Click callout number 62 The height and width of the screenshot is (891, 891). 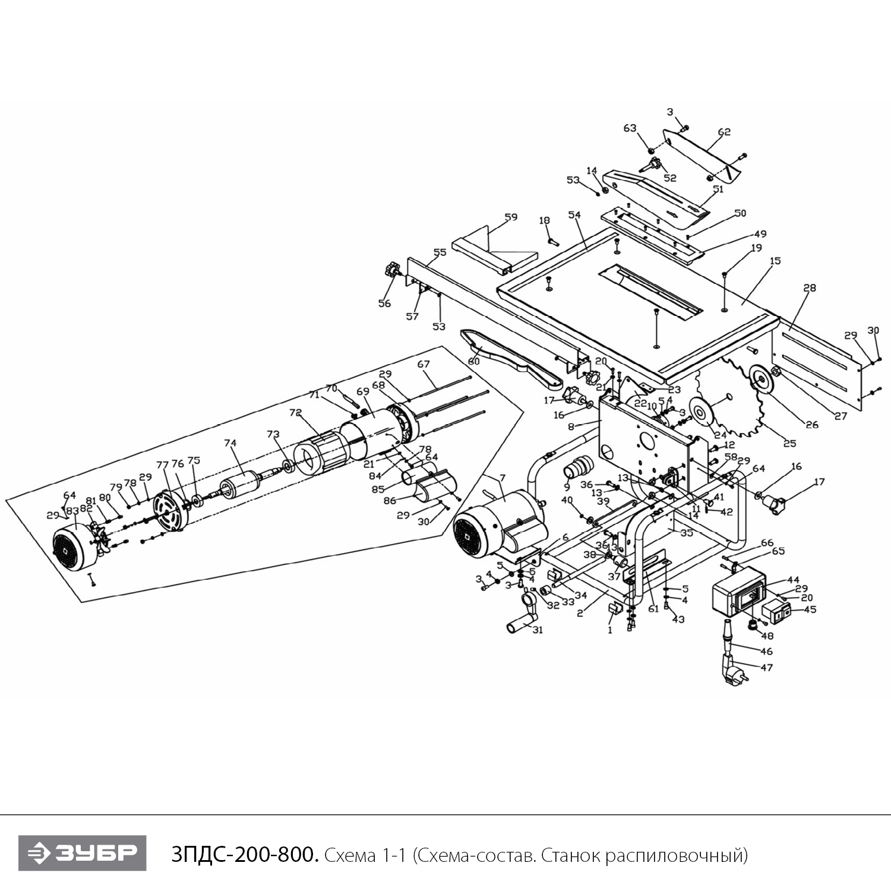pos(723,132)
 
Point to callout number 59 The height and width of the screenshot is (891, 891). pos(511,217)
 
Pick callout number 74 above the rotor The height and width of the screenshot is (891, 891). pos(230,443)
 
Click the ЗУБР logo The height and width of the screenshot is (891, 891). pos(82,853)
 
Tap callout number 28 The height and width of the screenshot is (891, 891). pos(810,288)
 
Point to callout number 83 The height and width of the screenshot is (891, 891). pos(72,510)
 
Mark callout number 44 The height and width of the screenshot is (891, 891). pos(793,580)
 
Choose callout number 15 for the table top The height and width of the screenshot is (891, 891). pos(775,261)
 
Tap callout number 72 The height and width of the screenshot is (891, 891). pos(295,412)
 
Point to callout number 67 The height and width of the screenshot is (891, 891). pos(423,364)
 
